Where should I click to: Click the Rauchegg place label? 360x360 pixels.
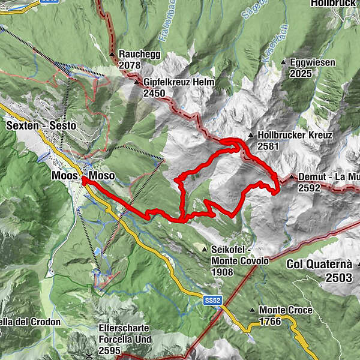click(x=136, y=53)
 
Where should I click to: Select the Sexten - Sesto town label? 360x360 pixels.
click(x=40, y=126)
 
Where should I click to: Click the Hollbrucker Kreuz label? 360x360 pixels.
click(x=295, y=136)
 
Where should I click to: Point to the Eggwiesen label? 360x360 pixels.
click(x=310, y=62)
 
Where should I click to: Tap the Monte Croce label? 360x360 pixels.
click(x=286, y=310)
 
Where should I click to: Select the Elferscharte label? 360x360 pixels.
click(x=125, y=329)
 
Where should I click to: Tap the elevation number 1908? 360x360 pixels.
click(x=221, y=271)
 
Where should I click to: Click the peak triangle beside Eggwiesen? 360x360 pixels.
click(x=283, y=62)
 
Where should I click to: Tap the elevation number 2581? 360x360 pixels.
click(x=269, y=146)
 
